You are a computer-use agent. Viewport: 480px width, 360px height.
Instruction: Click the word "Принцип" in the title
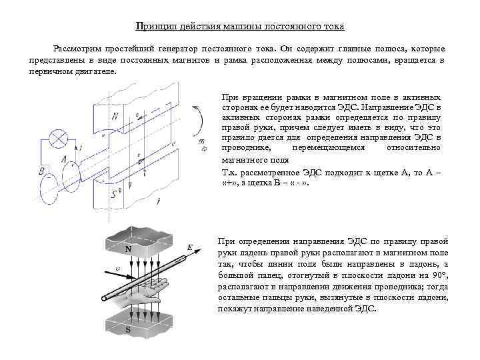[153, 27]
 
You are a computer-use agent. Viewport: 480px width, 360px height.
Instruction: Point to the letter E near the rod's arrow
[190, 248]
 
